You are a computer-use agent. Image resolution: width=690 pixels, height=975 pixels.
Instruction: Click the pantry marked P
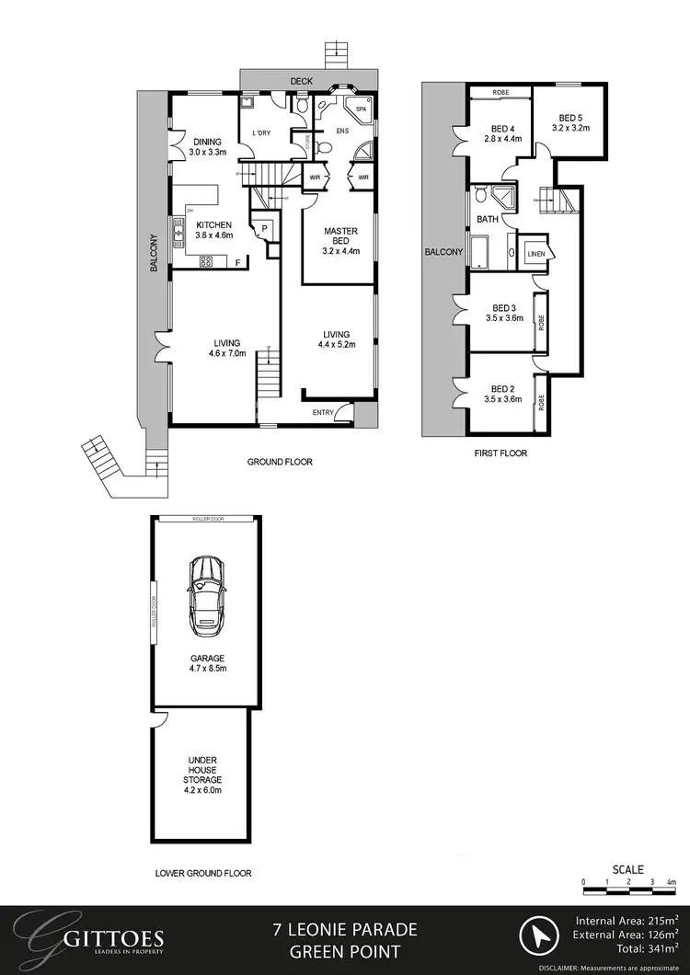[264, 227]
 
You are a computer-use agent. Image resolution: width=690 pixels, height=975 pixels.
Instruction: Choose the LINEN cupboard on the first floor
[535, 254]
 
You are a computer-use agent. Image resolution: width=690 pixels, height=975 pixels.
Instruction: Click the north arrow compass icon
[538, 939]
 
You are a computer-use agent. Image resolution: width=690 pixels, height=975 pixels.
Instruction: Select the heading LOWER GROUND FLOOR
[203, 874]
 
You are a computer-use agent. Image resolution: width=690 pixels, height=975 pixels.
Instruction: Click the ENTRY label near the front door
[324, 413]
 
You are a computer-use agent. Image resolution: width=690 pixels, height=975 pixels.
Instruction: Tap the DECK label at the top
[302, 81]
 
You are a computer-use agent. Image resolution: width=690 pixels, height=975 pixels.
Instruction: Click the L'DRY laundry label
[261, 134]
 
